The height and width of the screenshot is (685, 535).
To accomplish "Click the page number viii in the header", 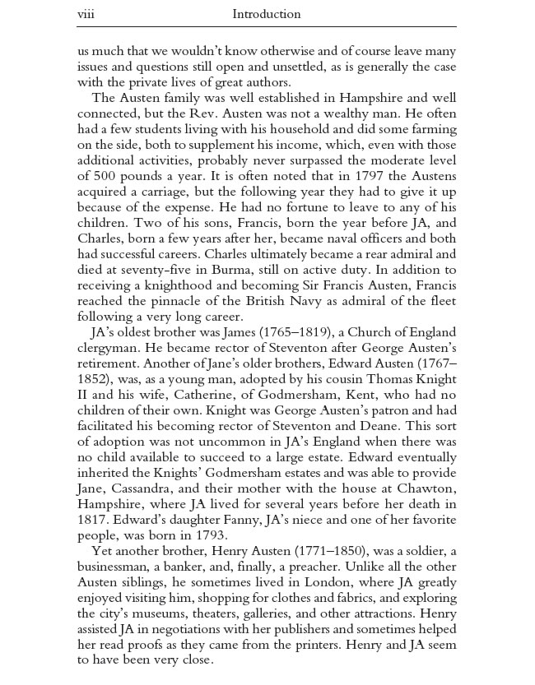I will point(86,14).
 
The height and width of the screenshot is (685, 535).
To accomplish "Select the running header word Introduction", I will point(267,14).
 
